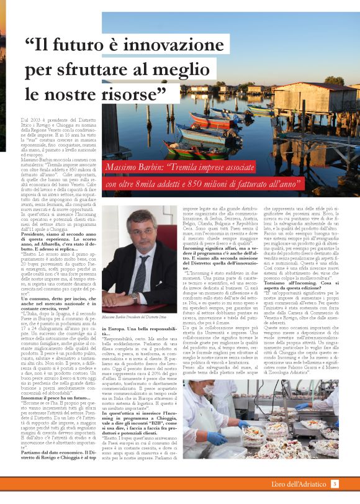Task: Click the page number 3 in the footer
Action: click(335, 484)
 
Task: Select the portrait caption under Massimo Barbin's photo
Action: click(135, 317)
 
